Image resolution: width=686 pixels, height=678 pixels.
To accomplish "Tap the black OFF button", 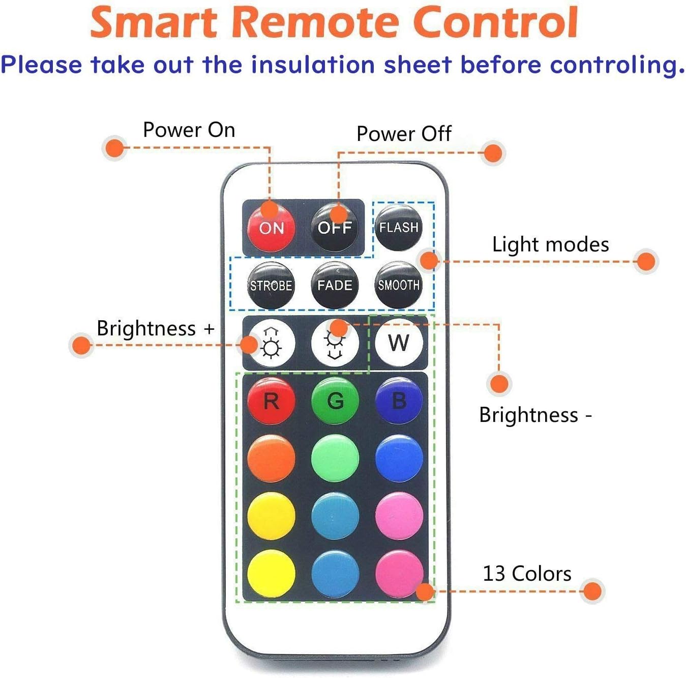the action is click(x=335, y=228).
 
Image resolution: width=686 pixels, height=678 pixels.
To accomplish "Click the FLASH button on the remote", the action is click(x=399, y=228).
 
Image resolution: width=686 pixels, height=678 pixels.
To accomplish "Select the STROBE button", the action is click(x=271, y=285).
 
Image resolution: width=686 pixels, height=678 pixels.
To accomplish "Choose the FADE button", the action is click(x=335, y=285).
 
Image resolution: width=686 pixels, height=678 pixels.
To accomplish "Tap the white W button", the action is click(x=399, y=343).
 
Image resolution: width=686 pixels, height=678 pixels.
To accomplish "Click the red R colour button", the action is click(x=271, y=401).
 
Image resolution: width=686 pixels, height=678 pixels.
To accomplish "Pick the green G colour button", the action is click(x=335, y=401).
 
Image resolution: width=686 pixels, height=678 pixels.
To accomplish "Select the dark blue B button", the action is click(x=399, y=401).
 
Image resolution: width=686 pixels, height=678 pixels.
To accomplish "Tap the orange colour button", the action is click(x=271, y=459).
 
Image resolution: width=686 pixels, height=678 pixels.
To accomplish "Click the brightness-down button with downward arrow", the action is click(x=335, y=343).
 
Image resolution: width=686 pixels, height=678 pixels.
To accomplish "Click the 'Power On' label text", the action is click(x=189, y=130).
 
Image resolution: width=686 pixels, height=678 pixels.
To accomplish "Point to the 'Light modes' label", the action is click(x=550, y=244).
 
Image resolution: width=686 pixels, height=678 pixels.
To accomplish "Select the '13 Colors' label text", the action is click(x=527, y=574).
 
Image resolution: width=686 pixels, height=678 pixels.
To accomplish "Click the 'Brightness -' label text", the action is click(x=535, y=415).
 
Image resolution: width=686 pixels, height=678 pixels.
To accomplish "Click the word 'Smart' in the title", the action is click(x=154, y=22).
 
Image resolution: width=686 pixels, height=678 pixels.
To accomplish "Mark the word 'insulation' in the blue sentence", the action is click(x=313, y=65).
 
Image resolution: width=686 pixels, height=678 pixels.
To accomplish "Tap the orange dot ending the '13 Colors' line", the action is click(x=592, y=591).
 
